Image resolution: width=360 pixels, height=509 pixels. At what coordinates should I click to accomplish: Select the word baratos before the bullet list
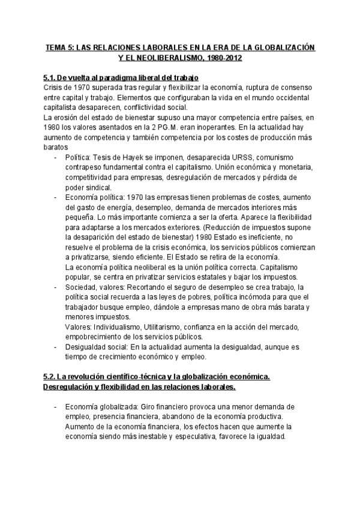[x=56, y=146]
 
